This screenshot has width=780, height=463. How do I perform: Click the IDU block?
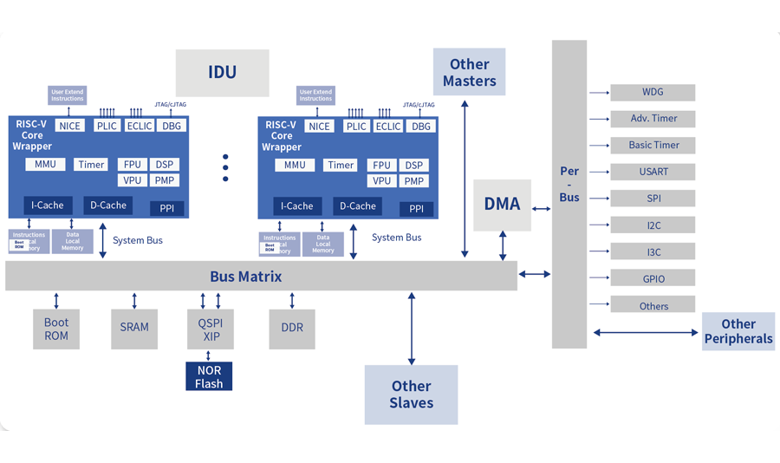222,73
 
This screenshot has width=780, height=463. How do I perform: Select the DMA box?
502,205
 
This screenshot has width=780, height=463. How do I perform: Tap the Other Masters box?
469,73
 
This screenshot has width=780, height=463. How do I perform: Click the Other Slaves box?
411,395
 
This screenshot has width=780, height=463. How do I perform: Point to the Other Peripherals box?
738,331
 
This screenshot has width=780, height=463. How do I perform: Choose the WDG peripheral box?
653,92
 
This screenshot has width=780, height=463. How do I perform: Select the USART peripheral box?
653,172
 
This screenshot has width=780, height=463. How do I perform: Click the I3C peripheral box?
653,252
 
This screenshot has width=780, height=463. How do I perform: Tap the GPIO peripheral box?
653,278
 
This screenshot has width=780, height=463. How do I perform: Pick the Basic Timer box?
653,145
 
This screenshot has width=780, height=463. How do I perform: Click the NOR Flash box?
209,377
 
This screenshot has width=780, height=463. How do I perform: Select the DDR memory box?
292,328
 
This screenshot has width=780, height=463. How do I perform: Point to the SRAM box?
134,328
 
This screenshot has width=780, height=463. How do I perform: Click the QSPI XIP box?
209,329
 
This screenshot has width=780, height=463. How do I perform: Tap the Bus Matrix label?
245,277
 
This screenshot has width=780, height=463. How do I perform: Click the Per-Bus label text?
569,185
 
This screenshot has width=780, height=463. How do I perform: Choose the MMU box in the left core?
45,165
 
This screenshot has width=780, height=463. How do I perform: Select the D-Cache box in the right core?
358,206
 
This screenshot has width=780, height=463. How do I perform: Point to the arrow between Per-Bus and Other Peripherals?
646,332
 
